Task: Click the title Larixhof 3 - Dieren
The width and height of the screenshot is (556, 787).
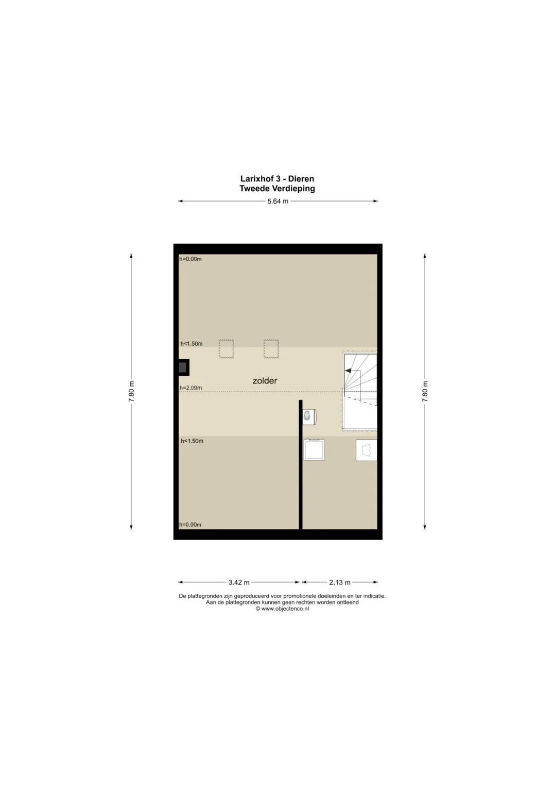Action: click(x=277, y=179)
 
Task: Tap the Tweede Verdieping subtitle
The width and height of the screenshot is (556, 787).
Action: click(x=277, y=189)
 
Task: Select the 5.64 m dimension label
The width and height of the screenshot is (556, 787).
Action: click(x=277, y=202)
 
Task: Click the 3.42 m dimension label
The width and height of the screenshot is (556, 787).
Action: click(x=239, y=582)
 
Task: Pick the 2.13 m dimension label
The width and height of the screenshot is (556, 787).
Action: click(x=339, y=582)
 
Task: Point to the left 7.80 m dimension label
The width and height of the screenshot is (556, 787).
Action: click(x=131, y=391)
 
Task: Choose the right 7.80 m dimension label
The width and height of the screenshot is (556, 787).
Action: click(x=425, y=391)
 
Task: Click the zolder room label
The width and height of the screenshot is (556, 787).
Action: click(x=265, y=380)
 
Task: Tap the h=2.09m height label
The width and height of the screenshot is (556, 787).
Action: click(x=190, y=388)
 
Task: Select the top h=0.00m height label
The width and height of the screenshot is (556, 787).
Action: click(x=190, y=259)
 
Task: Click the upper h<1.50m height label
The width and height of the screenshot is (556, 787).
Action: click(x=192, y=344)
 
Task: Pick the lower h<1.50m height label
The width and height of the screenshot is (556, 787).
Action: click(x=192, y=441)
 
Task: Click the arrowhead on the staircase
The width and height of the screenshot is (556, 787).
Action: click(x=348, y=371)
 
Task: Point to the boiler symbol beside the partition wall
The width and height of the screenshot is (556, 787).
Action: click(x=309, y=416)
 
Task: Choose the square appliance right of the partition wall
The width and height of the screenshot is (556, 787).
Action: click(x=314, y=450)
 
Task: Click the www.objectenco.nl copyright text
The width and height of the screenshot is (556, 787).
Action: click(x=282, y=609)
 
